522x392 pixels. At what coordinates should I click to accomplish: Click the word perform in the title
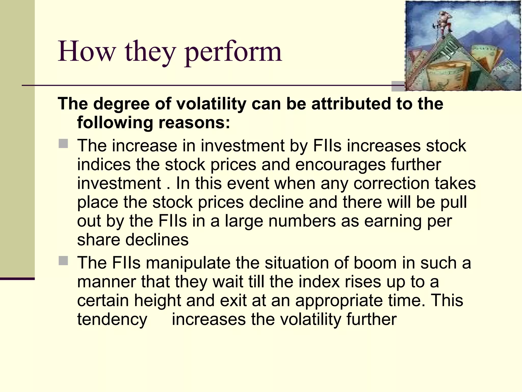click(x=233, y=52)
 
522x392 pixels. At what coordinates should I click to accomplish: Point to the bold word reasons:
click(x=194, y=122)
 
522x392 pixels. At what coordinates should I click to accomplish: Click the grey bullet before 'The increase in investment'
click(x=63, y=143)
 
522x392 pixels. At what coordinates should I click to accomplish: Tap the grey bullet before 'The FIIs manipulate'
click(x=63, y=261)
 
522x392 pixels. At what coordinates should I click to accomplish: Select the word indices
click(x=104, y=164)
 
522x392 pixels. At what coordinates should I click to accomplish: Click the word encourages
click(x=340, y=164)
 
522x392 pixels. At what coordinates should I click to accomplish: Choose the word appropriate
click(x=339, y=300)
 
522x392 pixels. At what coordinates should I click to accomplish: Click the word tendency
click(x=112, y=319)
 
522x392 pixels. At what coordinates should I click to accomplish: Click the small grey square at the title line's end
click(x=398, y=86)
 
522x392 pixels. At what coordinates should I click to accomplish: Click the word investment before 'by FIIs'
click(x=242, y=145)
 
